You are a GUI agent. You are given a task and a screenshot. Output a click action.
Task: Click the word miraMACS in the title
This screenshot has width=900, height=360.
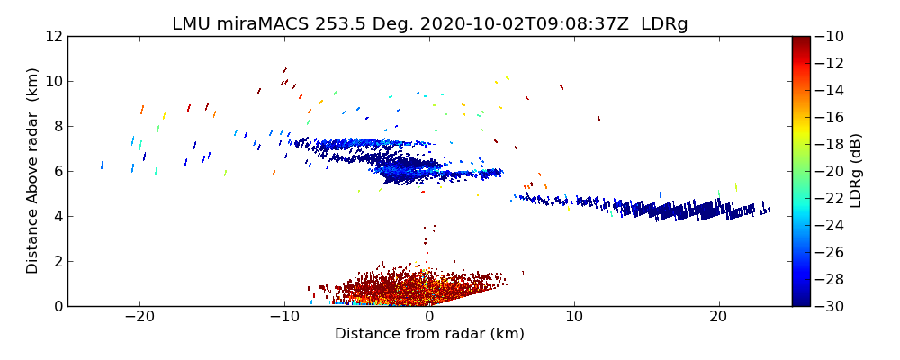pos(254,24)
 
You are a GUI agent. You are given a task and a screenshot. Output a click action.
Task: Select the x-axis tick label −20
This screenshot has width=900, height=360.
pos(139,318)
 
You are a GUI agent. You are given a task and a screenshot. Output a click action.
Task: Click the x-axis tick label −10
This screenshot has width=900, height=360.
pos(284,318)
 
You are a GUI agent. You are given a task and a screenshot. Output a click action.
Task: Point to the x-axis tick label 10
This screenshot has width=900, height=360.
pos(574,318)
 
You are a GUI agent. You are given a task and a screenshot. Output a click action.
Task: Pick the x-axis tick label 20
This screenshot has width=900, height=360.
pos(718,318)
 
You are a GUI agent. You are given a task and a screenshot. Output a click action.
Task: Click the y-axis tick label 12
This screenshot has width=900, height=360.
pos(55,36)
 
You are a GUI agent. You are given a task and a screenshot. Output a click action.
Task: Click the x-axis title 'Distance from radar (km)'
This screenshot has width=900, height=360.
pos(429,334)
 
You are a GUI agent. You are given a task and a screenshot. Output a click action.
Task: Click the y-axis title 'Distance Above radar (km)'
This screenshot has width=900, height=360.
pos(33,170)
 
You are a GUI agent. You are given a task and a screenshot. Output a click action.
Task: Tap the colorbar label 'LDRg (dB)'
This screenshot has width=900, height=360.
pos(856,170)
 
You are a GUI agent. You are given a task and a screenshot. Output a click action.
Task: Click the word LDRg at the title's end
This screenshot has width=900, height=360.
pos(664,24)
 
